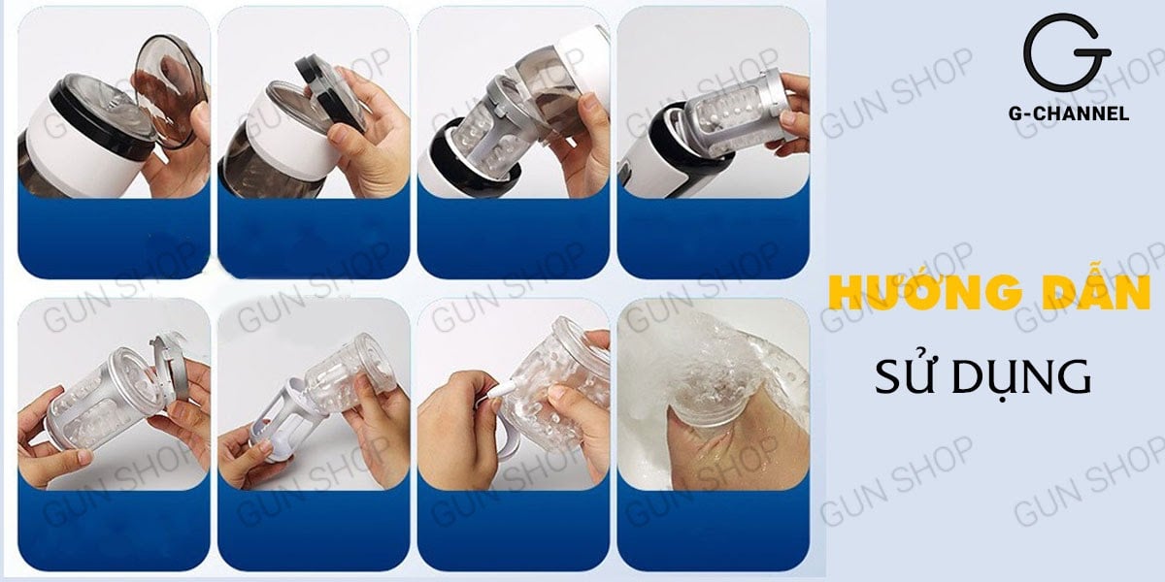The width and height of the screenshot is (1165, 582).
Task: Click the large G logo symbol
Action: (x=1067, y=53)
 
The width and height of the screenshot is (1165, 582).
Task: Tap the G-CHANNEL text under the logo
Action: (x=1068, y=113)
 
